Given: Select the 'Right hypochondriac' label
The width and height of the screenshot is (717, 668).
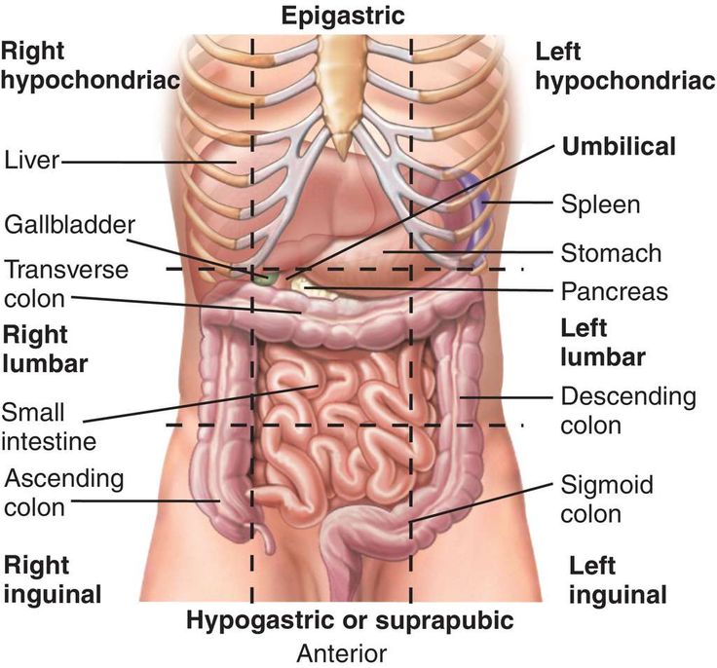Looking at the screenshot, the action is click(91, 65).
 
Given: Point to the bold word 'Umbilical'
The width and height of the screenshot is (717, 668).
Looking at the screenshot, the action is click(619, 147).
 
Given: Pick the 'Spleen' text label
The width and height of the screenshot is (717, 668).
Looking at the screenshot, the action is click(600, 205).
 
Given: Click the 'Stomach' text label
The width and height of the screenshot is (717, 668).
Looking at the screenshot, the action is click(611, 254).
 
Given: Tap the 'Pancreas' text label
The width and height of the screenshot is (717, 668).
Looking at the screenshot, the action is click(614, 291).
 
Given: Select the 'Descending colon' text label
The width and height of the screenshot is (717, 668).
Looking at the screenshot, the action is click(628, 411).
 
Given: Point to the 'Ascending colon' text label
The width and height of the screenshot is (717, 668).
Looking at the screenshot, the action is click(63, 493).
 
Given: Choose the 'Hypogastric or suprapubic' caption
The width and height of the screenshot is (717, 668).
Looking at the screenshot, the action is click(350, 620).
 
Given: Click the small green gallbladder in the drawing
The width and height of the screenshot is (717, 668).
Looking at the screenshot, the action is click(262, 278).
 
